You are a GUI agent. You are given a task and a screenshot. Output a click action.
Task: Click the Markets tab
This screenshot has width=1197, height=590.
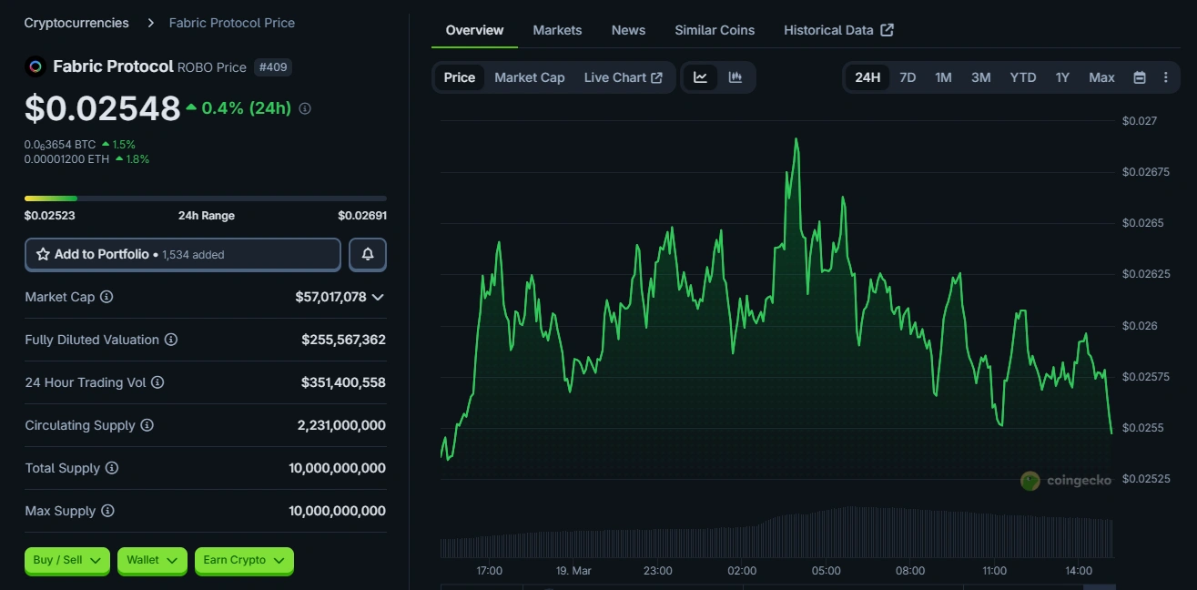(x=557, y=30)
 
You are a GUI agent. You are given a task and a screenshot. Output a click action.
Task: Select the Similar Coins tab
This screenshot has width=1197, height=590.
(x=715, y=30)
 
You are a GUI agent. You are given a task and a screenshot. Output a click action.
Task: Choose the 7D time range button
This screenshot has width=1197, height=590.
(x=908, y=77)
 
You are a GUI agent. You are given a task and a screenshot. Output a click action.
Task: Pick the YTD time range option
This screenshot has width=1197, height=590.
(x=1023, y=77)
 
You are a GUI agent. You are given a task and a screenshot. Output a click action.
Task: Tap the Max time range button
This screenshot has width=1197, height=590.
(x=1101, y=77)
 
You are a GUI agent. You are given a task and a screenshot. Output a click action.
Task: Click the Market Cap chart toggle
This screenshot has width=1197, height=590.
(x=529, y=77)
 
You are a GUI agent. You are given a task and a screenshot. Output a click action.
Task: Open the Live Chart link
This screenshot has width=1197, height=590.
(x=623, y=77)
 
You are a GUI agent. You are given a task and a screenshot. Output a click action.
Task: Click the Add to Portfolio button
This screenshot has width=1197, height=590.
(x=183, y=255)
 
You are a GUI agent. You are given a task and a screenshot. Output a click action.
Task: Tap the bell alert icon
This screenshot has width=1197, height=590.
(x=368, y=255)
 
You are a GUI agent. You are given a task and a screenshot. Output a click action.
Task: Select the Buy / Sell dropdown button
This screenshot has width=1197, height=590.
(x=67, y=561)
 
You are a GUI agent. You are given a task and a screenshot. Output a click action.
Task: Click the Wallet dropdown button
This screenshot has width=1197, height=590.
(x=152, y=561)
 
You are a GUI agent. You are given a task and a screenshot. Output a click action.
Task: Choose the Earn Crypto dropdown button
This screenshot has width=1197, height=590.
(x=244, y=561)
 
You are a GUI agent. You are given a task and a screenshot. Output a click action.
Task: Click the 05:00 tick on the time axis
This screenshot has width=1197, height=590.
(x=826, y=571)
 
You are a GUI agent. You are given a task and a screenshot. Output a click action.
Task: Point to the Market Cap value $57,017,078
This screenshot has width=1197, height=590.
(x=330, y=297)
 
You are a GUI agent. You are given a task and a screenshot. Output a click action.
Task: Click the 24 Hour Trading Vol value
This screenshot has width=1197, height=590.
(x=343, y=382)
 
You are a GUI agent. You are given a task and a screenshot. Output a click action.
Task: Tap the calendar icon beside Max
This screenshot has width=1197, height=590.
(x=1139, y=77)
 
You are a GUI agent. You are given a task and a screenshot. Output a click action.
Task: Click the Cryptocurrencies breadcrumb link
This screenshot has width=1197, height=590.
(x=76, y=23)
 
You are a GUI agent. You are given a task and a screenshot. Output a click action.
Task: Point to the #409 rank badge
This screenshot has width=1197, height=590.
(x=274, y=66)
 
